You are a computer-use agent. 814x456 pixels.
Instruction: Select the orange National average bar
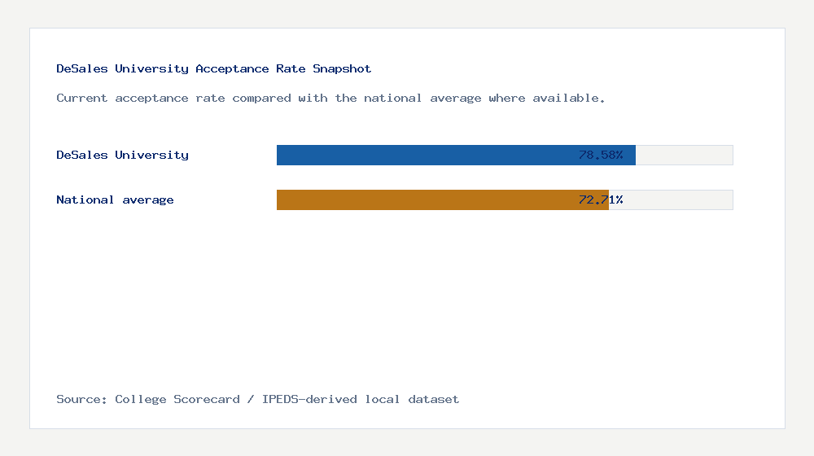[x=423, y=199]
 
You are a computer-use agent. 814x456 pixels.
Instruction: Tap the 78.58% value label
[x=601, y=155]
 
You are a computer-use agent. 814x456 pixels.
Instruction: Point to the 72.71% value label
[x=601, y=199]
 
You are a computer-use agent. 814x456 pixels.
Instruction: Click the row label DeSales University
[x=122, y=155]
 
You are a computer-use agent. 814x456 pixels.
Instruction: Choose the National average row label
[x=115, y=199]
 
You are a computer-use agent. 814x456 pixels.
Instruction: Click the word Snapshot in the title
[x=342, y=69]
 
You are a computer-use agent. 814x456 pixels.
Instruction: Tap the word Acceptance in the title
[x=232, y=69]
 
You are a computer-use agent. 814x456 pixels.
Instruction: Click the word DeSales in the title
[x=81, y=69]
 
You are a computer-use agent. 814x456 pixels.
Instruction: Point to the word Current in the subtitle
[x=81, y=99]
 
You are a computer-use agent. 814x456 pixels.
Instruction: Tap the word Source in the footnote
[x=81, y=400]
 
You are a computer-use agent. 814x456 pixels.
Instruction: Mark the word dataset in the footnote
[x=433, y=400]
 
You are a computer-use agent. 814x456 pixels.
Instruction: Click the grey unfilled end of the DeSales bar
[x=684, y=155]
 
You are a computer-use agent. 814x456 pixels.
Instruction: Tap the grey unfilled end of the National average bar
[x=671, y=199]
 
